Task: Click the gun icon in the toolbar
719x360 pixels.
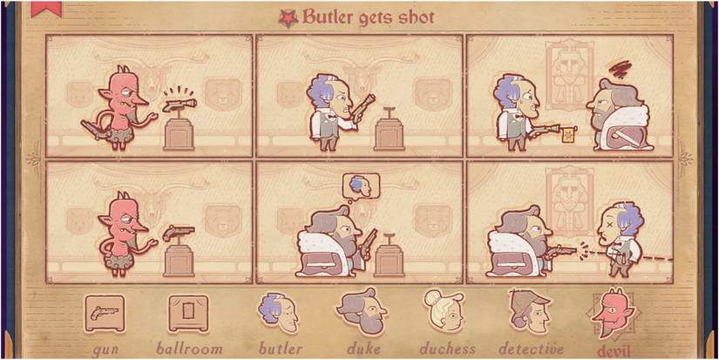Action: click(x=104, y=312)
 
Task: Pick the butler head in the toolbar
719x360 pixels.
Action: click(x=277, y=312)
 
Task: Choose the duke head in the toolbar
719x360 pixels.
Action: click(x=359, y=312)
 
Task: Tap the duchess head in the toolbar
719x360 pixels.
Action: click(x=444, y=312)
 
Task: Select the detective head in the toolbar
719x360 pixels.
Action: click(x=529, y=312)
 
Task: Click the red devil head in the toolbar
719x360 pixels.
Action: click(x=612, y=312)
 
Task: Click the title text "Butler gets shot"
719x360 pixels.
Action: click(x=368, y=17)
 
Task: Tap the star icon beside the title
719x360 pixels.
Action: click(x=287, y=17)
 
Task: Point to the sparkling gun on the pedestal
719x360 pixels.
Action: click(x=181, y=105)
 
